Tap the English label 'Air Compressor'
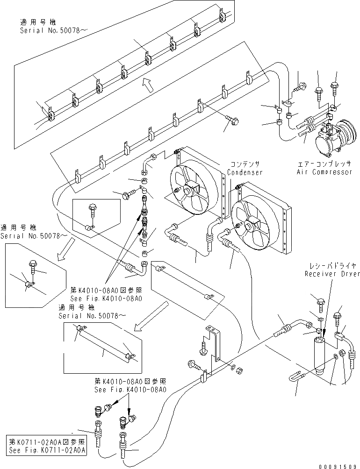pyautogui.click(x=324, y=172)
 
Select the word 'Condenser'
pyautogui.click(x=245, y=172)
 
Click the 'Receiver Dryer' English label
pyautogui.click(x=332, y=274)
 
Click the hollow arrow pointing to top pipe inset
pyautogui.click(x=148, y=85)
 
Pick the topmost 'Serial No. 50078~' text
pyautogui.click(x=50, y=30)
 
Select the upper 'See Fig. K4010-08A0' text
pyautogui.click(x=106, y=298)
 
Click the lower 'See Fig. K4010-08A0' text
pyautogui.click(x=130, y=390)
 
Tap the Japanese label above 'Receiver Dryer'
pyautogui.click(x=333, y=266)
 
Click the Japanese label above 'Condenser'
pyautogui.click(x=245, y=164)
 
